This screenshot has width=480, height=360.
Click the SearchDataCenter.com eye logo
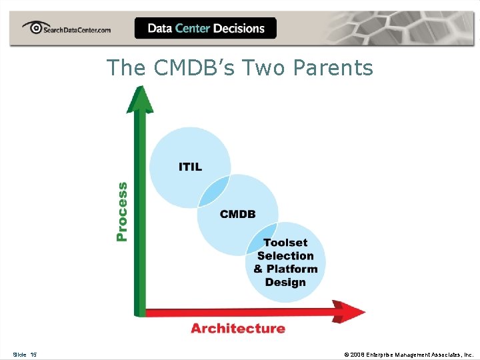34,27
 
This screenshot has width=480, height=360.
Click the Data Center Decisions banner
205,28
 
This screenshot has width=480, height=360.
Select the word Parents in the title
337,68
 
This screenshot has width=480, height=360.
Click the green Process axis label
122,211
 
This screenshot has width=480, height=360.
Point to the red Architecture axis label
238,328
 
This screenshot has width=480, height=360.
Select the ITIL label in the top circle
190,167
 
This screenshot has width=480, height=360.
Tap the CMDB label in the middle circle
238,214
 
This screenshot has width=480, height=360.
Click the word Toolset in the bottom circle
285,243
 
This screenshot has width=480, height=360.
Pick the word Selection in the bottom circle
285,256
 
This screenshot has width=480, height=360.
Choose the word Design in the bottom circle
285,282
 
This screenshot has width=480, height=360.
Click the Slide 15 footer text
25,355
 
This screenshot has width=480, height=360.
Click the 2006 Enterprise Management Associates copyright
408,355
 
